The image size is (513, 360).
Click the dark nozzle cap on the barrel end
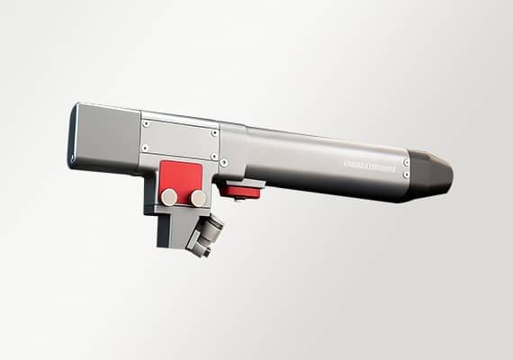pyautogui.click(x=430, y=176)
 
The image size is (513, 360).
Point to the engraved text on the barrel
pyautogui.click(x=370, y=167)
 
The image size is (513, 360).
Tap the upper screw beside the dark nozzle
pyautogui.click(x=406, y=163)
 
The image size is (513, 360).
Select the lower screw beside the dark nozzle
pyautogui.click(x=405, y=175)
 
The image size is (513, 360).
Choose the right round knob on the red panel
pyautogui.click(x=197, y=196)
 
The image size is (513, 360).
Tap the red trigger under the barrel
pyautogui.click(x=241, y=190)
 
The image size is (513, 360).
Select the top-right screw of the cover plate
pyautogui.click(x=214, y=133)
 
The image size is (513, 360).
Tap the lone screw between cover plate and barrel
pyautogui.click(x=224, y=163)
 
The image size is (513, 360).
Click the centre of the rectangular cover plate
pyautogui.click(x=180, y=140)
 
